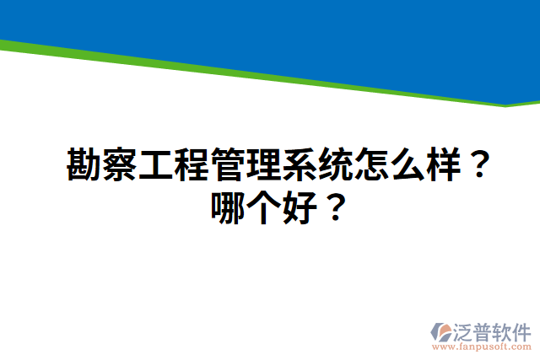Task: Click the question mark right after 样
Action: tap(478, 166)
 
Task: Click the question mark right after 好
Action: tap(334, 207)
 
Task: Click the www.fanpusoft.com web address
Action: tap(483, 346)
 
